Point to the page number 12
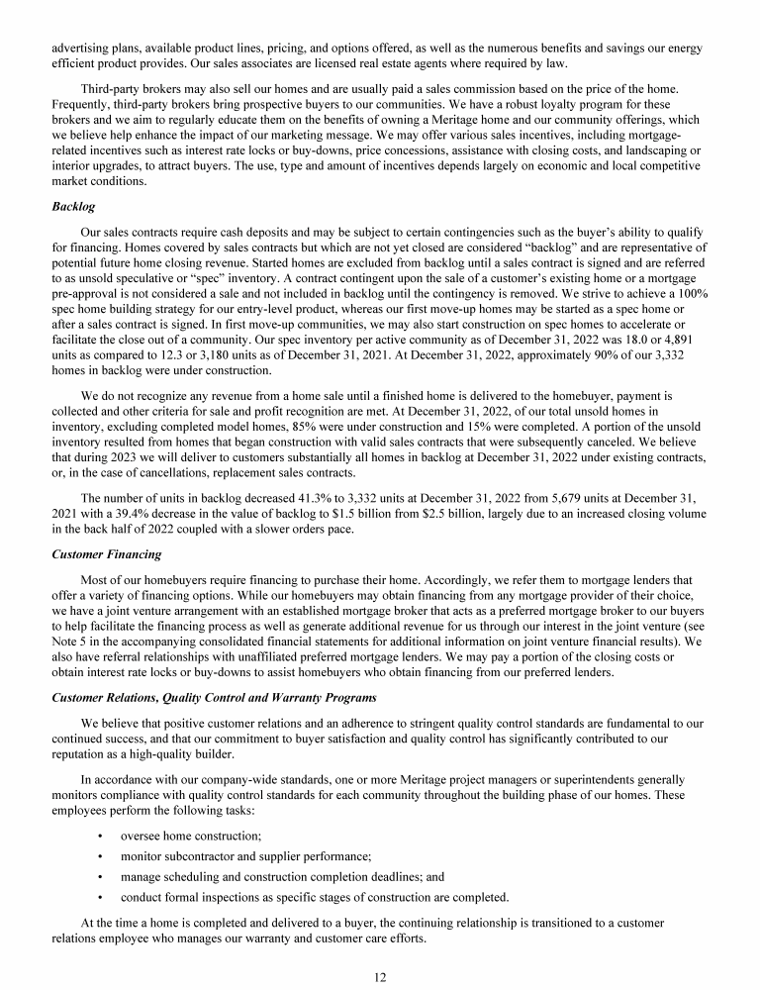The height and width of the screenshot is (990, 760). point(379,977)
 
